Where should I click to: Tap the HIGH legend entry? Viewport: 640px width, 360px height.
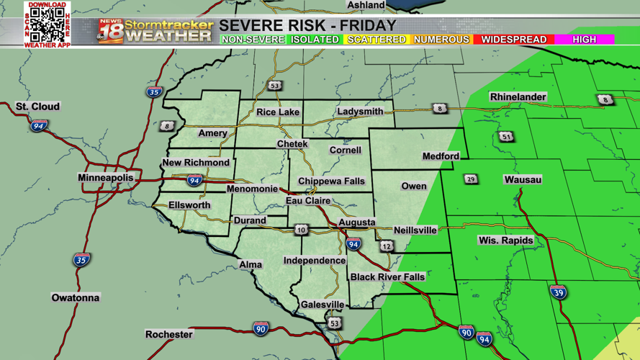click(x=584, y=40)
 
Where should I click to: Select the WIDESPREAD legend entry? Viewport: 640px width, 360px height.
click(x=514, y=40)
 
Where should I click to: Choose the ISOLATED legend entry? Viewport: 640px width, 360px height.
click(x=315, y=40)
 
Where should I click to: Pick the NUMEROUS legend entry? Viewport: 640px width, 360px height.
click(x=441, y=40)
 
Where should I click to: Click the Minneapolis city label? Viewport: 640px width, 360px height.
click(x=105, y=177)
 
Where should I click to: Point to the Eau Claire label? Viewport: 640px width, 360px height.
click(x=308, y=200)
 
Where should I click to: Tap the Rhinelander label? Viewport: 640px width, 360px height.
click(x=518, y=96)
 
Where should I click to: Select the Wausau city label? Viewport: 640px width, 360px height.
click(x=523, y=179)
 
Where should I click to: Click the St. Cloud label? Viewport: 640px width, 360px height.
click(x=38, y=107)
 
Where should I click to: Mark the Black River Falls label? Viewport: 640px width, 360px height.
click(x=387, y=276)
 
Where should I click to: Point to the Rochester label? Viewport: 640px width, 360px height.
click(x=169, y=334)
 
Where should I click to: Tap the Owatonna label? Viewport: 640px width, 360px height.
click(x=76, y=297)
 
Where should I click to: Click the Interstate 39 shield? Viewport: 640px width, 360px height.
click(x=558, y=292)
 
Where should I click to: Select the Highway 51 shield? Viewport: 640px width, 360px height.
click(x=507, y=137)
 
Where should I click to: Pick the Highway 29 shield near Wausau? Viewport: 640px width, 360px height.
click(x=471, y=179)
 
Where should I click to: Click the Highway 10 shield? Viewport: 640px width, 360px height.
click(x=301, y=230)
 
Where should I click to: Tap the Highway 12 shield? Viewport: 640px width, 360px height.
click(x=387, y=246)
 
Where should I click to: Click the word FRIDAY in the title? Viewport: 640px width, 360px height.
click(x=369, y=26)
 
